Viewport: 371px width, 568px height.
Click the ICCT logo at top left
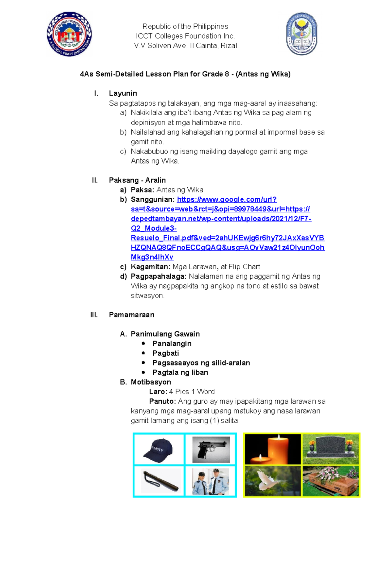(69, 34)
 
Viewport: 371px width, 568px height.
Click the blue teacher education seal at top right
(301, 34)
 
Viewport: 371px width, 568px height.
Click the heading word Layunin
(123, 93)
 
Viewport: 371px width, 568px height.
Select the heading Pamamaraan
(131, 315)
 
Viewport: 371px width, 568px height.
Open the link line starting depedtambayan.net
(221, 219)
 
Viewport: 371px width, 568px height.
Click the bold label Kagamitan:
(150, 267)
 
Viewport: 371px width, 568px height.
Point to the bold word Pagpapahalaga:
(158, 276)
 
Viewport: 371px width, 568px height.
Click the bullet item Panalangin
(172, 344)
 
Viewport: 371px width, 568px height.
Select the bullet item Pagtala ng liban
(180, 372)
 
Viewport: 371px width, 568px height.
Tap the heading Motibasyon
(151, 382)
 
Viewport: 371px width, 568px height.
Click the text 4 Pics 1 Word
(192, 392)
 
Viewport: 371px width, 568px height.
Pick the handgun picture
(211, 449)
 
